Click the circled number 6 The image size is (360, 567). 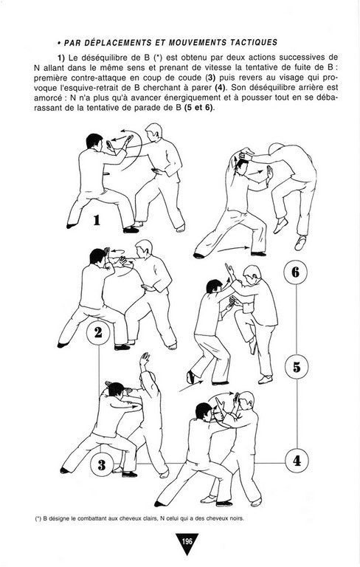pos(296,272)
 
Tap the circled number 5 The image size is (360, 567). pos(297,367)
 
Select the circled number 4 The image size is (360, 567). pos(297,461)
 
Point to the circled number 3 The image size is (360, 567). pos(102,464)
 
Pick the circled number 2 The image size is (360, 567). pos(98,332)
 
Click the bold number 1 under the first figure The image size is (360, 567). pos(97,220)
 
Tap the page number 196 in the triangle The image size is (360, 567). pos(187,541)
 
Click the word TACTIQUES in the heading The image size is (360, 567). pos(254,42)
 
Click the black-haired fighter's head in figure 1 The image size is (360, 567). pos(94,141)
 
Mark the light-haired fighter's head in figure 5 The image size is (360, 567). pos(252,275)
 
